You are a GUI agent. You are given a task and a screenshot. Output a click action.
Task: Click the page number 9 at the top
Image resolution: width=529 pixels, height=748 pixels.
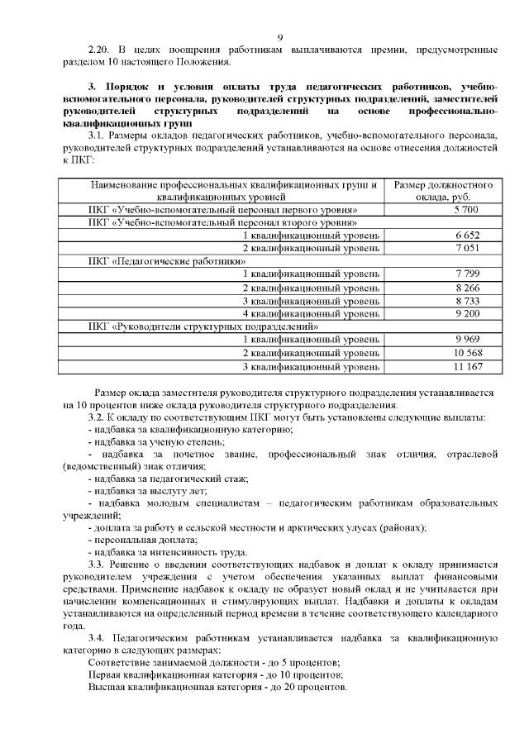pyautogui.click(x=280, y=36)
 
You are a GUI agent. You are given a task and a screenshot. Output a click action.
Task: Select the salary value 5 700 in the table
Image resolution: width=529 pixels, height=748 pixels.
pyautogui.click(x=444, y=211)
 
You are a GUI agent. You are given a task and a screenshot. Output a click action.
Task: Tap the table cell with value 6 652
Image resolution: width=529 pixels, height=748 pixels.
pyautogui.click(x=444, y=236)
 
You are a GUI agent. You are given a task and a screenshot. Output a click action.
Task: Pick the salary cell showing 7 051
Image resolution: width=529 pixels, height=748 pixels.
pyautogui.click(x=444, y=248)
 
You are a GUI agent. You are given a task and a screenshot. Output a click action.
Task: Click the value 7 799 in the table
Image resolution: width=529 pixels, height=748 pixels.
pyautogui.click(x=444, y=274)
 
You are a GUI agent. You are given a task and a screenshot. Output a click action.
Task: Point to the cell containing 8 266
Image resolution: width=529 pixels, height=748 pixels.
pyautogui.click(x=444, y=288)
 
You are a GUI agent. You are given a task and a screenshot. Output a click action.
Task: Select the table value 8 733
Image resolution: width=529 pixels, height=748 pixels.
pyautogui.click(x=444, y=301)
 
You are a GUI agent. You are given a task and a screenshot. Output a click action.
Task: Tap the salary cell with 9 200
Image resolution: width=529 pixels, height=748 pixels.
pyautogui.click(x=444, y=313)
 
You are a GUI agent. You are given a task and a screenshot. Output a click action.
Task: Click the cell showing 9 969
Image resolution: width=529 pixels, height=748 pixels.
pyautogui.click(x=444, y=339)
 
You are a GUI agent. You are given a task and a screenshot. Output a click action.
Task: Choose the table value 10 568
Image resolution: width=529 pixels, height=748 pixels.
pyautogui.click(x=444, y=352)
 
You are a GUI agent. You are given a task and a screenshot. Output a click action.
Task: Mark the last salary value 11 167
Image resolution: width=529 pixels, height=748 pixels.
pyautogui.click(x=444, y=365)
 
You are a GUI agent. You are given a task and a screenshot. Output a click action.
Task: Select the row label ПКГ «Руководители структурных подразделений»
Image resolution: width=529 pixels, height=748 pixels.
pyautogui.click(x=203, y=326)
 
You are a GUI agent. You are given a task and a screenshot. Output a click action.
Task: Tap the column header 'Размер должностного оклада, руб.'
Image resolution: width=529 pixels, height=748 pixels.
pyautogui.click(x=444, y=191)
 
